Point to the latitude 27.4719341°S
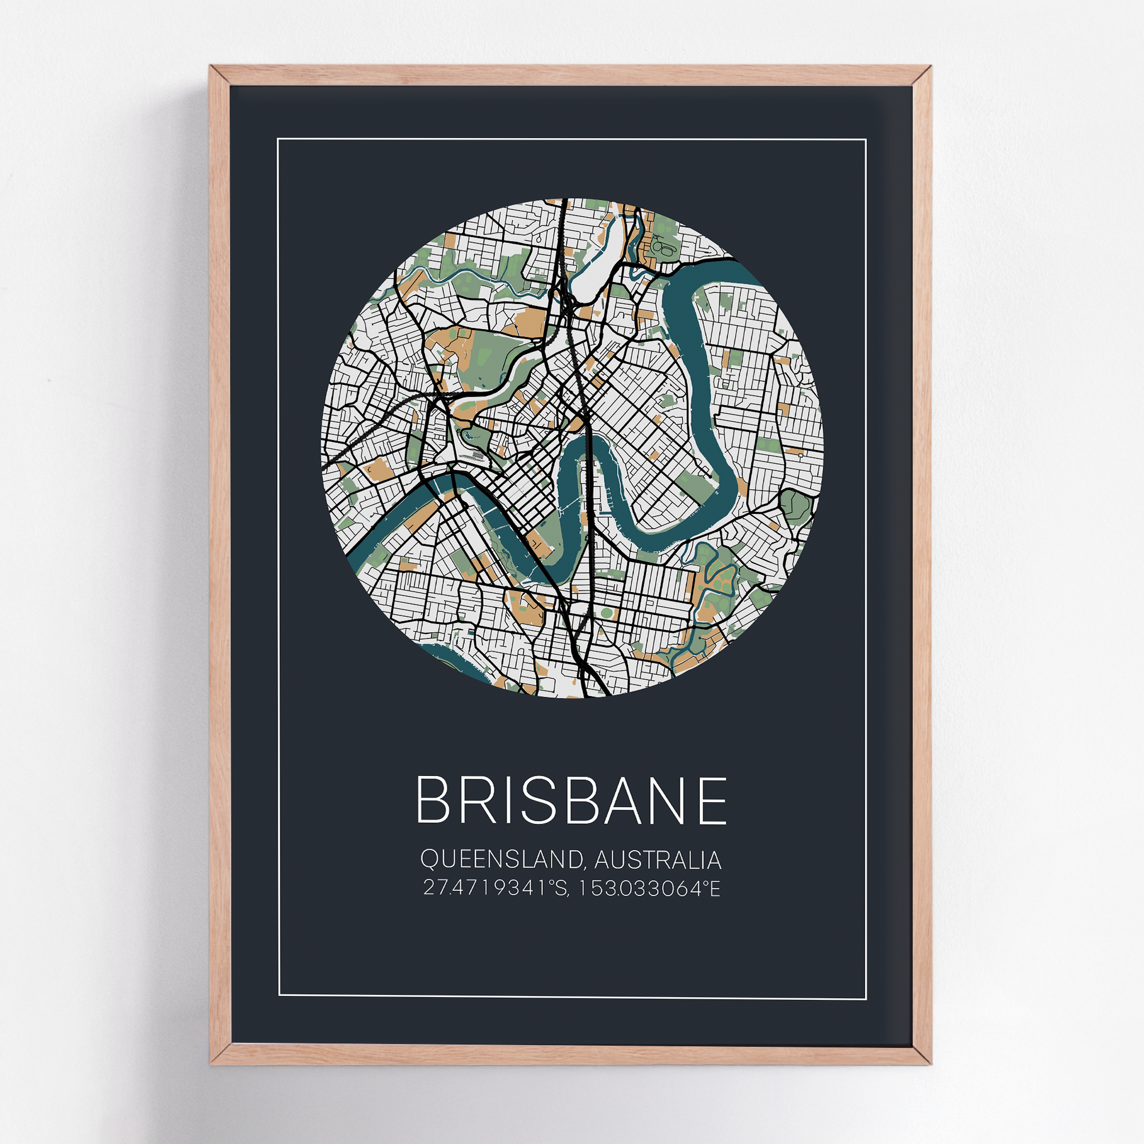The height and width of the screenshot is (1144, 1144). [496, 888]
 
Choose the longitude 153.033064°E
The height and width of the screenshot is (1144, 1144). [649, 888]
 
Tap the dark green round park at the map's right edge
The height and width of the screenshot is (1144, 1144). [795, 504]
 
